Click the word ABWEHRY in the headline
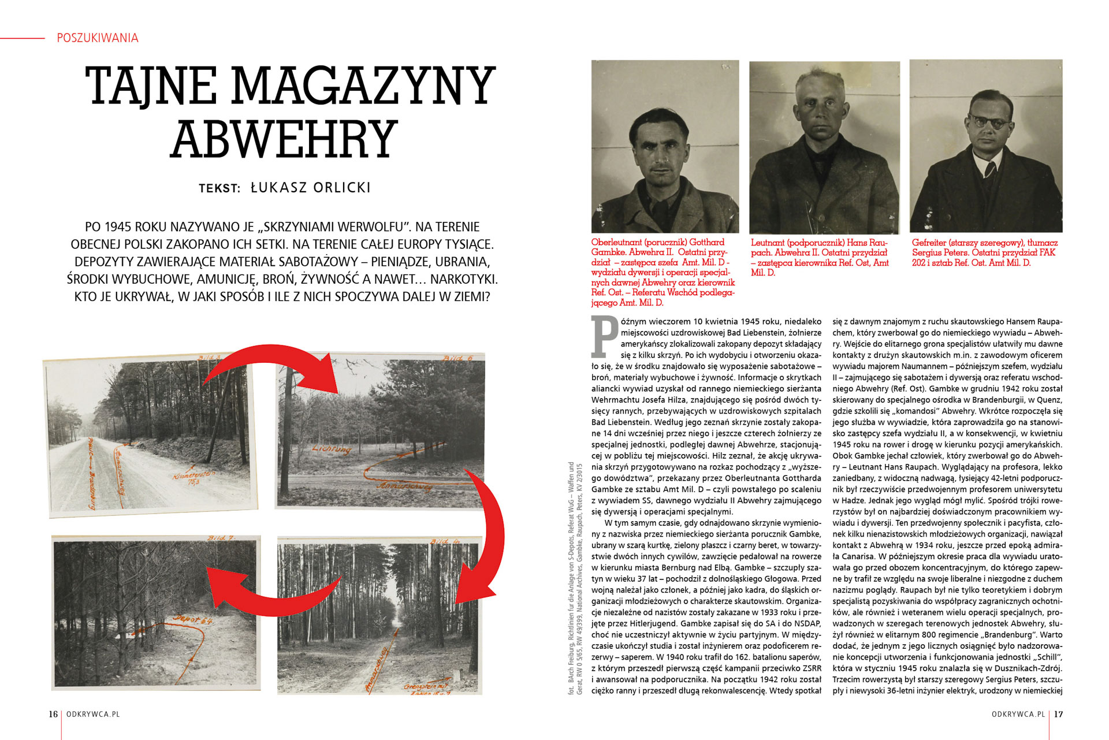(x=284, y=140)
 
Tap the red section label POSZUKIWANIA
(x=98, y=38)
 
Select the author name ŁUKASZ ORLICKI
(x=311, y=188)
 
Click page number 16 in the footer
(x=53, y=714)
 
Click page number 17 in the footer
(x=1058, y=714)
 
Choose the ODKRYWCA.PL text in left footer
(x=93, y=714)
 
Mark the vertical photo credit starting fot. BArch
(x=575, y=578)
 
